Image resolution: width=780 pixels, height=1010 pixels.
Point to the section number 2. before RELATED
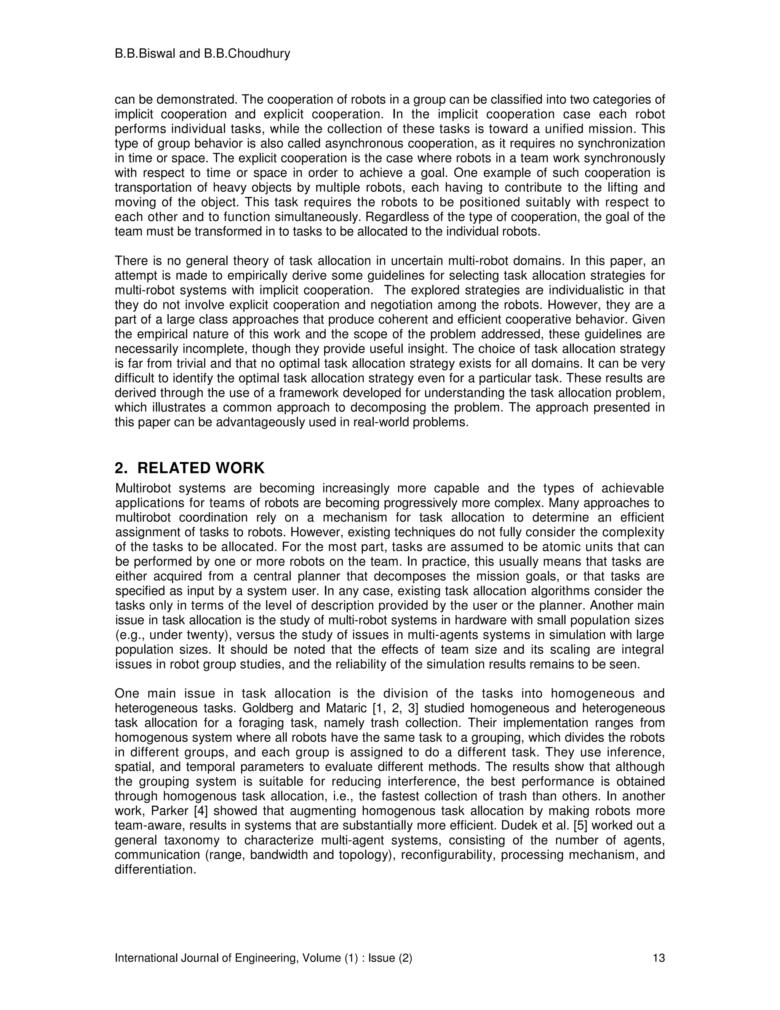[121, 468]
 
